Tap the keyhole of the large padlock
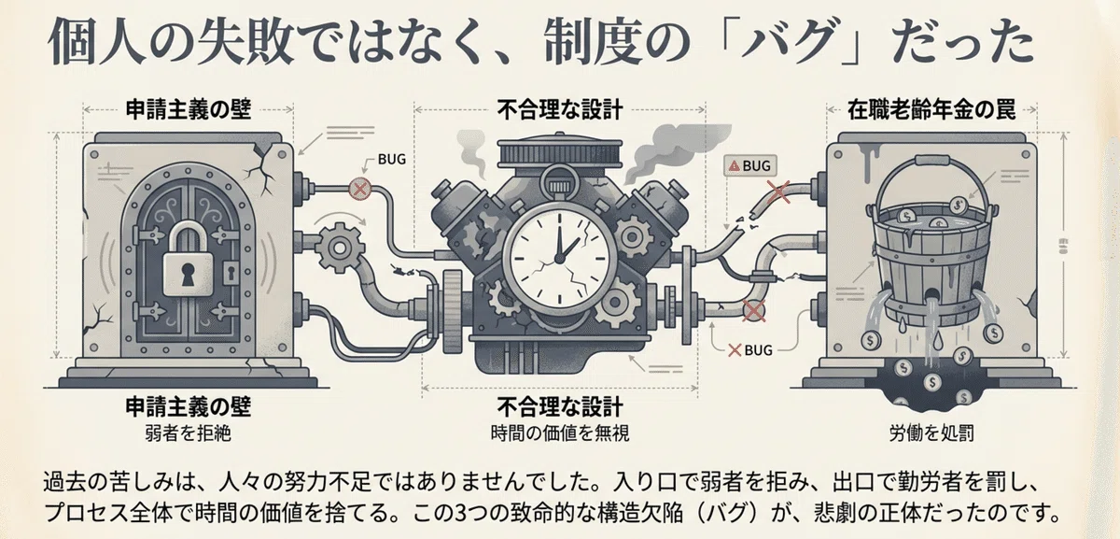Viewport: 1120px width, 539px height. [x=188, y=275]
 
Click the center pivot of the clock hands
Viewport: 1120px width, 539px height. [x=559, y=258]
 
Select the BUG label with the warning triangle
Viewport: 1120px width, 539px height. [x=750, y=165]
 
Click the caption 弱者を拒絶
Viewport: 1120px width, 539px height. [x=188, y=433]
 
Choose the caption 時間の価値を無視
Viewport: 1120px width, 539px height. [x=560, y=433]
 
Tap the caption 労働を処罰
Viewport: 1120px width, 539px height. [x=931, y=433]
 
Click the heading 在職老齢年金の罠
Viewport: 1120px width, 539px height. [x=931, y=110]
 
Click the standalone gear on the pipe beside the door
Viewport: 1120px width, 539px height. [x=340, y=248]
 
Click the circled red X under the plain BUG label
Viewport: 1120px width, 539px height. [x=359, y=189]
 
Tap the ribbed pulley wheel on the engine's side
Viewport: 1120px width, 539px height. [x=452, y=305]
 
